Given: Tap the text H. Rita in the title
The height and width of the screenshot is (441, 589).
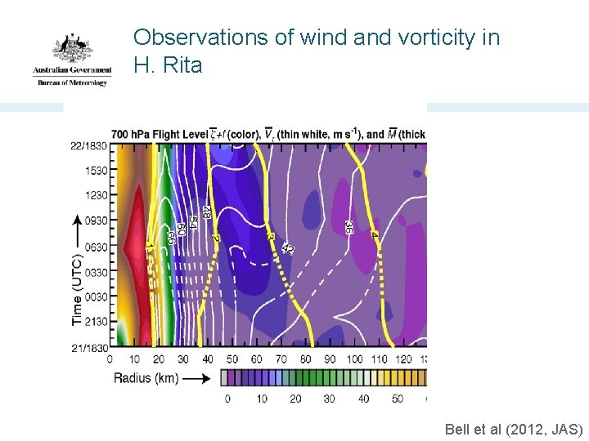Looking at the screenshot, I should pyautogui.click(x=168, y=65).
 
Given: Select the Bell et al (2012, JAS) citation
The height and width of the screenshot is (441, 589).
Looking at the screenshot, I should pyautogui.click(x=514, y=429).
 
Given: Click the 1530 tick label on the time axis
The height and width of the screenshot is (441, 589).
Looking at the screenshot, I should pyautogui.click(x=96, y=172).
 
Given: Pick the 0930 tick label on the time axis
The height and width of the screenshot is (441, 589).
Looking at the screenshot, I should pyautogui.click(x=96, y=221).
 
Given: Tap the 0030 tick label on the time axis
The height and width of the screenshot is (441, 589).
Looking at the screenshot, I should pyautogui.click(x=96, y=297).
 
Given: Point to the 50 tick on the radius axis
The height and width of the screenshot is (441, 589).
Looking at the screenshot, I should pyautogui.click(x=232, y=359).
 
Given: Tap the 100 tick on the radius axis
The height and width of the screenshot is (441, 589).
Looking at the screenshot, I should pyautogui.click(x=354, y=359).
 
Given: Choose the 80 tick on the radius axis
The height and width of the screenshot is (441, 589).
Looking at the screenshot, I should pyautogui.click(x=306, y=359).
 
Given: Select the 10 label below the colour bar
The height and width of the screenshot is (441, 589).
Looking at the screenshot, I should pyautogui.click(x=262, y=399).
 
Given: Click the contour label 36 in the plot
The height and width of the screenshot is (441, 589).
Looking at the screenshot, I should pyautogui.click(x=349, y=228).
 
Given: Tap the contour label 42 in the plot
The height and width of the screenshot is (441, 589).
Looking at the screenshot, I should pyautogui.click(x=287, y=247).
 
